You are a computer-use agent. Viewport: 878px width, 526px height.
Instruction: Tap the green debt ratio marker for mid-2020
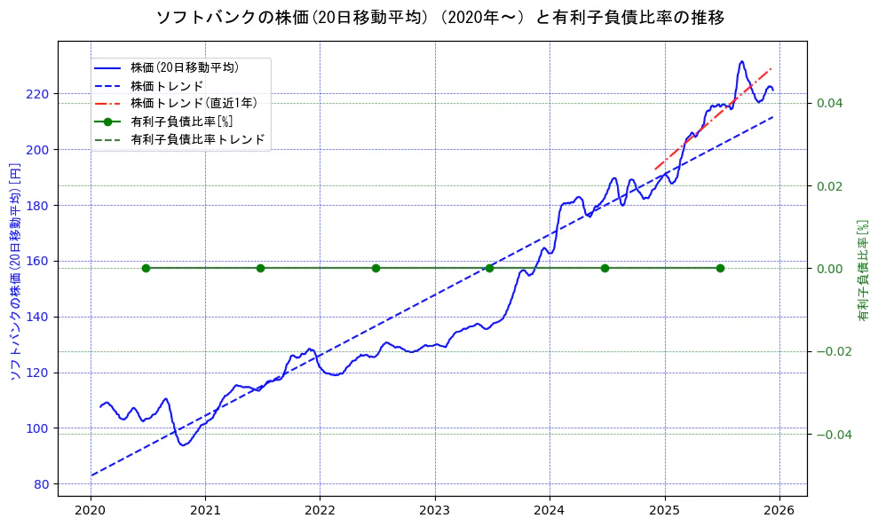[146, 268]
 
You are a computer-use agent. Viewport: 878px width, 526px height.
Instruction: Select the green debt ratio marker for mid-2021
[260, 268]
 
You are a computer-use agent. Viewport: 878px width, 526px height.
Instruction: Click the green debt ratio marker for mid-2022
[376, 268]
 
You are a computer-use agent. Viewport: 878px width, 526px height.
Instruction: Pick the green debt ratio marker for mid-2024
[605, 268]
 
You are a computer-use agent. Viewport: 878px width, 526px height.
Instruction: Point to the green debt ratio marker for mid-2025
[720, 268]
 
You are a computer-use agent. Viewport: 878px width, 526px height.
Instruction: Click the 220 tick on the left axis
[41, 94]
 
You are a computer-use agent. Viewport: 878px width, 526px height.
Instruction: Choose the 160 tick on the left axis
[41, 262]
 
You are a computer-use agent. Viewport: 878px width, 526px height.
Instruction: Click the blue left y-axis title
[14, 271]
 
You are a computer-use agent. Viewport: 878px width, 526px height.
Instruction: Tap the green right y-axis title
[862, 271]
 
